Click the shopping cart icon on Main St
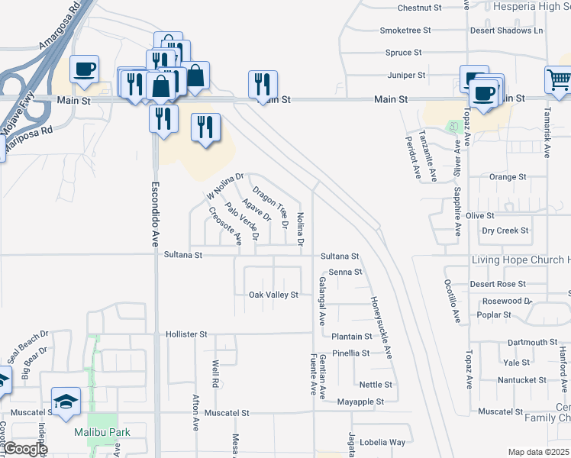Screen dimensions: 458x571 click(559, 79)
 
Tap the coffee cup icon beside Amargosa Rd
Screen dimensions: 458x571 click(85, 69)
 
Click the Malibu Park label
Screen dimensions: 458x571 click(102, 432)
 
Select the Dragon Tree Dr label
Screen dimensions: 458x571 click(270, 208)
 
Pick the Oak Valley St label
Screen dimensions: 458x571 click(273, 295)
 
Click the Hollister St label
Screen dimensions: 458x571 click(186, 334)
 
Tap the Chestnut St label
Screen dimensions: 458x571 click(420, 8)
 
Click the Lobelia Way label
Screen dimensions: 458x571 click(384, 442)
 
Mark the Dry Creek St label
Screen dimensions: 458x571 click(505, 231)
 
